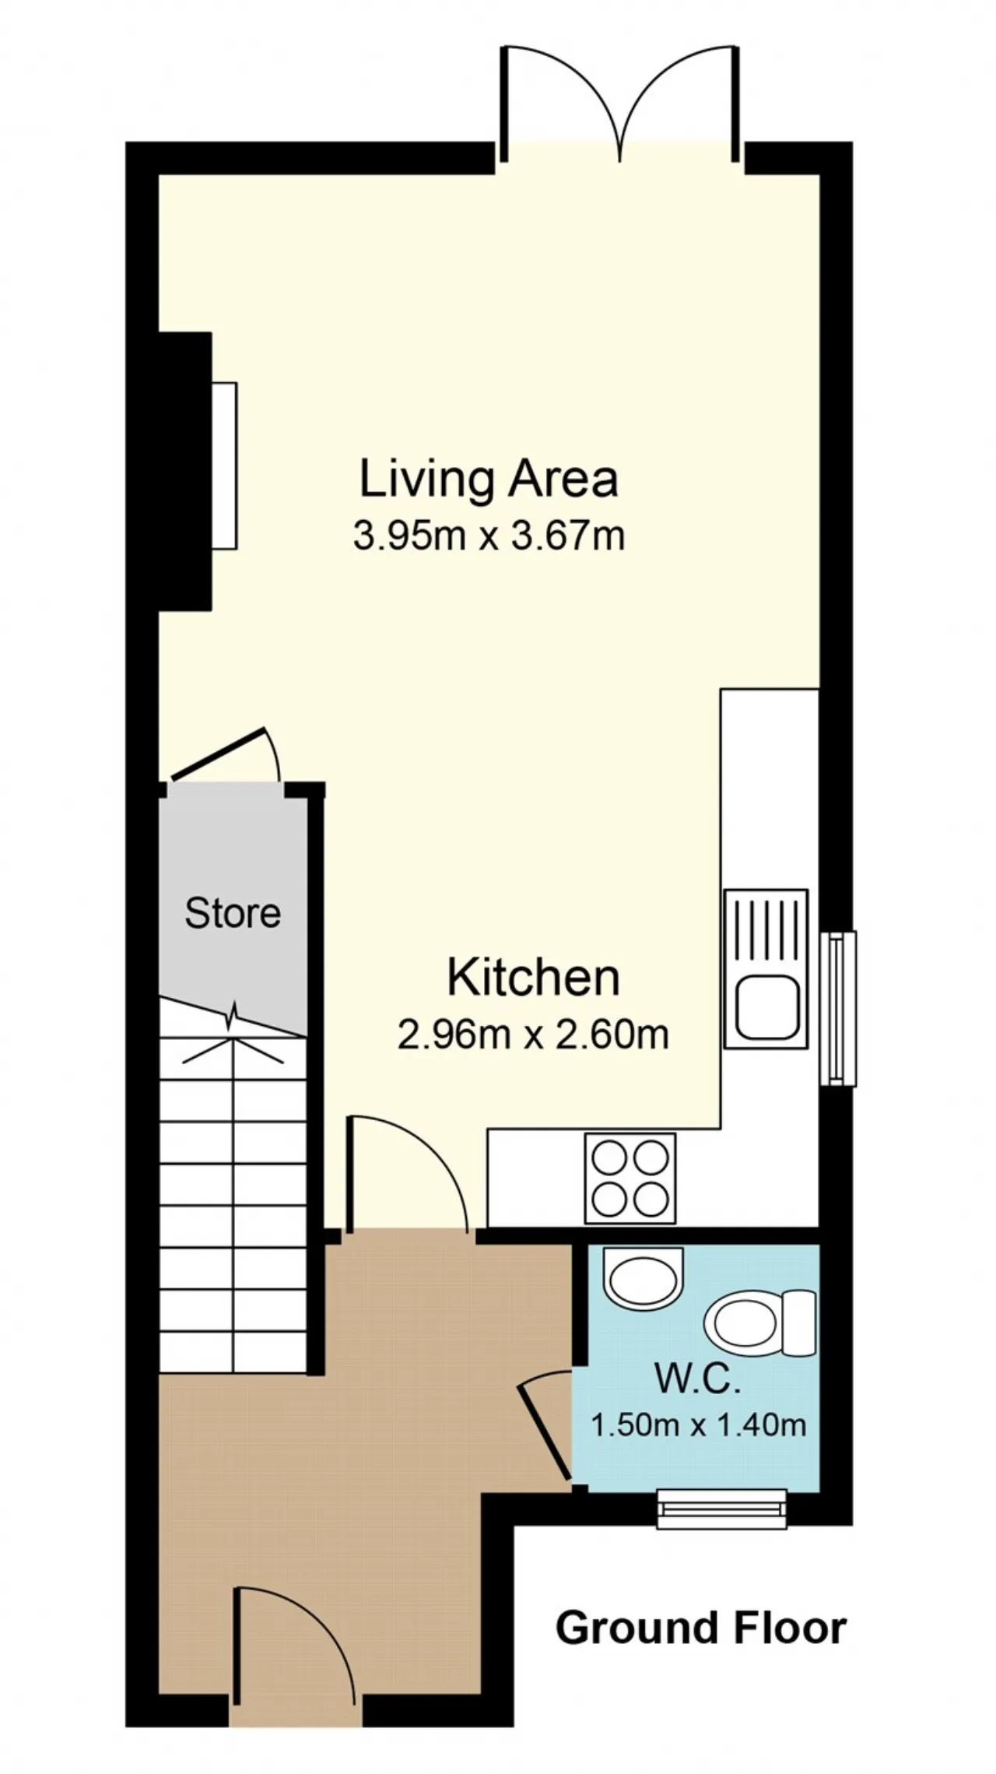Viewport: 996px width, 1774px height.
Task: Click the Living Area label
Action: coord(489,479)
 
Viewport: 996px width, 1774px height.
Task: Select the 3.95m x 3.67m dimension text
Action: coord(489,536)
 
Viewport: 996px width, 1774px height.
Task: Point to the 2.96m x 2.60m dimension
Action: coord(533,1035)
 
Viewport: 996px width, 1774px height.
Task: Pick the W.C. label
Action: coord(696,1379)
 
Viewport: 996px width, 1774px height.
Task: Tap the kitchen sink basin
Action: coord(766,1009)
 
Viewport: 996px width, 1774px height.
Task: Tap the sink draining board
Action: coord(766,929)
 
